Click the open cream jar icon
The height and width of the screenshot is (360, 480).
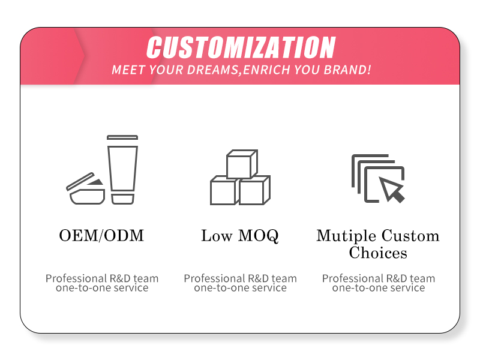coord(86,190)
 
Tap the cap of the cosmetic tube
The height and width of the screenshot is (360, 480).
coord(122,198)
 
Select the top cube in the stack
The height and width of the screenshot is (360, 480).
coord(241,164)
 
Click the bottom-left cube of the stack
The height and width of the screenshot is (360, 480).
coord(223,191)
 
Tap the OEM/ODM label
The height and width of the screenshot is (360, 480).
coord(101,236)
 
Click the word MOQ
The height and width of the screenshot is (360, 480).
coord(258,236)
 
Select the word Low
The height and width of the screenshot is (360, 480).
coord(217,236)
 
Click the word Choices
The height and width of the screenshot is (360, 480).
coord(378,253)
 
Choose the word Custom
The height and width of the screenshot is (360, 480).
coord(410,236)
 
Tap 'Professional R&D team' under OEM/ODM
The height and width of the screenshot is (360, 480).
coord(102,278)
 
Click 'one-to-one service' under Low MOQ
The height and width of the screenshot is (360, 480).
coord(240,288)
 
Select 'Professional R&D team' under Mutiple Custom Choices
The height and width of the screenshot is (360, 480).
coord(379,278)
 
